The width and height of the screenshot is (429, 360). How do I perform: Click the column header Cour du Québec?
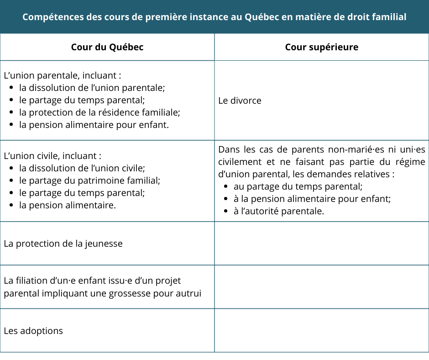pyautogui.click(x=107, y=47)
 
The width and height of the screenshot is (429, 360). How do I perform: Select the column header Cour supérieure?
pyautogui.click(x=321, y=47)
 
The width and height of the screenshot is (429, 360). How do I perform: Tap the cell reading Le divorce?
pyautogui.click(x=240, y=101)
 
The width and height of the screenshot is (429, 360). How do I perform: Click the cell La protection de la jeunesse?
pyautogui.click(x=63, y=244)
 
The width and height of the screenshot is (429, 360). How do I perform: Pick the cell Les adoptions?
pyautogui.click(x=33, y=331)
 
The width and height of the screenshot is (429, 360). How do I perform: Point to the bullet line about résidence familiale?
pyautogui.click(x=99, y=112)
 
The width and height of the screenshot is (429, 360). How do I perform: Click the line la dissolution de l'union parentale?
pyautogui.click(x=92, y=88)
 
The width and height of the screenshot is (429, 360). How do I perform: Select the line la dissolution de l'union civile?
pyautogui.click(x=82, y=168)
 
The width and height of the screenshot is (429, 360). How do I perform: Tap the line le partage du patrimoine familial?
pyautogui.click(x=89, y=180)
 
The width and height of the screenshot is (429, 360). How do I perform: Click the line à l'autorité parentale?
pyautogui.click(x=278, y=211)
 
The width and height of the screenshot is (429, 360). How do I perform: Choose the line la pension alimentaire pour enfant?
pyautogui.click(x=94, y=125)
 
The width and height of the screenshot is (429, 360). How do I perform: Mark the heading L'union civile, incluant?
pyautogui.click(x=52, y=156)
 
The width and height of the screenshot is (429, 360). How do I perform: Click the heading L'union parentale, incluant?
pyautogui.click(x=62, y=75)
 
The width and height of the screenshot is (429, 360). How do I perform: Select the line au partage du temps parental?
pyautogui.click(x=298, y=186)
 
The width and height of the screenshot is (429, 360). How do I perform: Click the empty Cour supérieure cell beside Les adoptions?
pyautogui.click(x=321, y=330)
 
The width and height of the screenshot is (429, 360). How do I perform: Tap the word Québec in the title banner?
pyautogui.click(x=261, y=17)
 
